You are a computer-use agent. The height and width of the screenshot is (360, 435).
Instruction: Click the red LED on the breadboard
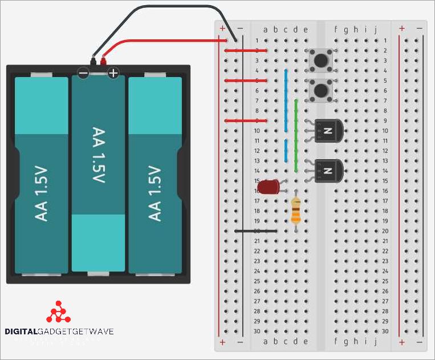coord(267,187)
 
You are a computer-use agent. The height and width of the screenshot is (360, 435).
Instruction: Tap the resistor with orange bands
coord(296,211)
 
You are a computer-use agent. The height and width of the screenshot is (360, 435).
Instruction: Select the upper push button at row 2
coord(320,59)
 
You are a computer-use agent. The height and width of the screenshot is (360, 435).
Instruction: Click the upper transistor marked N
coord(328,131)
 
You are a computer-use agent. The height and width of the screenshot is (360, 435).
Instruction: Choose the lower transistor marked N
coord(328,171)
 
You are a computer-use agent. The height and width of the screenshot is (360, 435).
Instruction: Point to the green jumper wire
coord(296,136)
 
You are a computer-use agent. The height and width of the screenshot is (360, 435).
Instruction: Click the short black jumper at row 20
coord(257,231)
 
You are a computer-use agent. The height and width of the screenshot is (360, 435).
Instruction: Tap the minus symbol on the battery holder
coord(84,73)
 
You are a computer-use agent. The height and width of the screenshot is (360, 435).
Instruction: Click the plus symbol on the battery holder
coord(113,73)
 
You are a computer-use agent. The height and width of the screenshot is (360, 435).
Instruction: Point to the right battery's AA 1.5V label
coord(155,193)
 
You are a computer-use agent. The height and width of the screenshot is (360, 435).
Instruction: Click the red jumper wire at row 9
coord(246,121)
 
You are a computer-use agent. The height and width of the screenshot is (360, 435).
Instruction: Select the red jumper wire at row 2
coord(246,51)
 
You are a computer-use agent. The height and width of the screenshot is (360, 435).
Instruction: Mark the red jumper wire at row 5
coord(246,81)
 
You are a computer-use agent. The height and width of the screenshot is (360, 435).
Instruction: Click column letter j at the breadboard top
coord(375,30)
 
